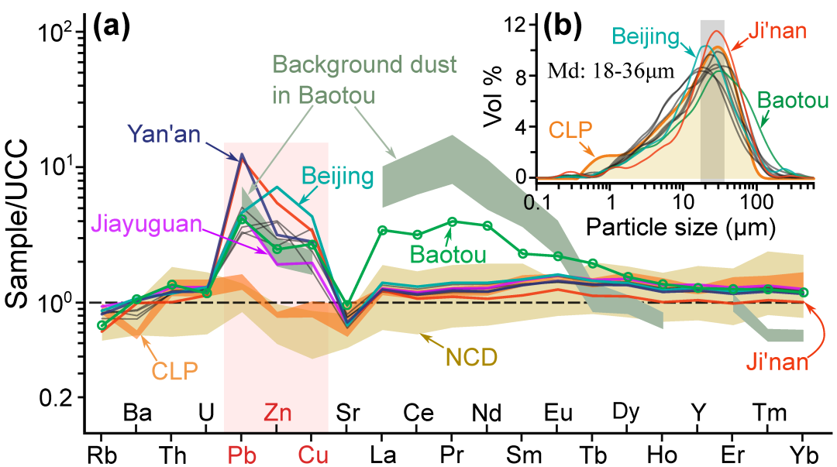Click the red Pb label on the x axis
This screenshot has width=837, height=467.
point(241,452)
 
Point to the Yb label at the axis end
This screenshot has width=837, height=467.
point(804,452)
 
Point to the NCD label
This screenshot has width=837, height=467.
point(469,357)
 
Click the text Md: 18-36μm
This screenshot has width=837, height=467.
point(609,71)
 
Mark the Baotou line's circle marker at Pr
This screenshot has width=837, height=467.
point(453,221)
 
